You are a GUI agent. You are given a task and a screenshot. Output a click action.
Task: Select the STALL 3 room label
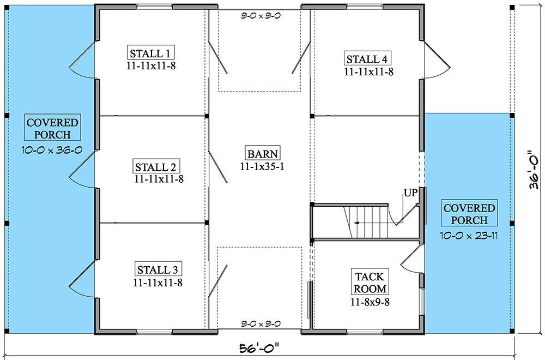click(158, 269)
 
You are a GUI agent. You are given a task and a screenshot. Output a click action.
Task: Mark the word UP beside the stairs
click(410, 193)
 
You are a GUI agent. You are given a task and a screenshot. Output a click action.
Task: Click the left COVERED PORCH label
click(53, 128)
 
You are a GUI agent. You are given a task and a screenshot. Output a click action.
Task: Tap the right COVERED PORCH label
click(469, 214)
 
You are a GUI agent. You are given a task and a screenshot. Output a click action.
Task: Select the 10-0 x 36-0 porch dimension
click(53, 150)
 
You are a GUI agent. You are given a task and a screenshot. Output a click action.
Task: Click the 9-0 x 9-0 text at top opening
click(260, 16)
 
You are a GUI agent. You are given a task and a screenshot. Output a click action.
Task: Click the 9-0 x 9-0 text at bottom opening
click(260, 324)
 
